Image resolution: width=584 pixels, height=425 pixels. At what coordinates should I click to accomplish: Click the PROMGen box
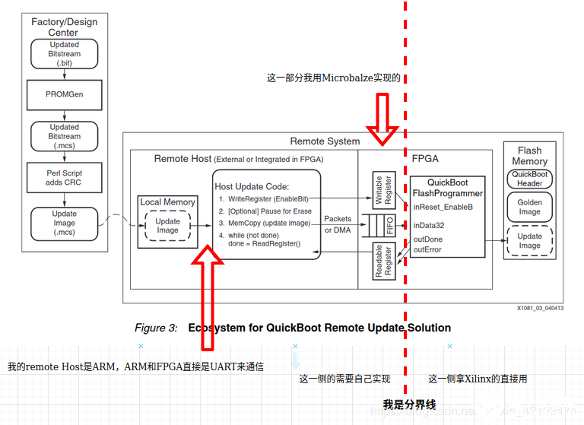(64, 94)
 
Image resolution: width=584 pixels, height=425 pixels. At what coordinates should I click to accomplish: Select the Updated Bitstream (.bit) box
(64, 54)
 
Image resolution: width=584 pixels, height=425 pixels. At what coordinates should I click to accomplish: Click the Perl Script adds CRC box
(64, 178)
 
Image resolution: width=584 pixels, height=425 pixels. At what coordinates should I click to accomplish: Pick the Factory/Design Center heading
(64, 27)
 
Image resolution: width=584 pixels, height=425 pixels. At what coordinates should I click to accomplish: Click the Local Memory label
(167, 202)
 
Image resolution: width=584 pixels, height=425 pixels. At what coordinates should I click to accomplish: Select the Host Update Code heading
(252, 186)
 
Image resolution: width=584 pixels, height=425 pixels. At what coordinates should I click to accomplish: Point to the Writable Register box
(383, 191)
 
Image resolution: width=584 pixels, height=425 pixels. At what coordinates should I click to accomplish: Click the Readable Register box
(383, 261)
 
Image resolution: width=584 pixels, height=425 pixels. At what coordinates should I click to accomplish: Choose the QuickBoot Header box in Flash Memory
(529, 179)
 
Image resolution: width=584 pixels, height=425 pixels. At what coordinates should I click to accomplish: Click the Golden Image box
(529, 207)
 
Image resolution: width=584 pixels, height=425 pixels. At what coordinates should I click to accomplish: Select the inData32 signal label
(430, 226)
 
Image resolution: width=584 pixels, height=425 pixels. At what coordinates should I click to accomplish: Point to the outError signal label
(427, 249)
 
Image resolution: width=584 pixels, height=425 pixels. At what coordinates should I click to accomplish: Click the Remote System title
(325, 141)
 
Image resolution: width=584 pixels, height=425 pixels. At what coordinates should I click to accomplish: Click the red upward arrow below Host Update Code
(207, 289)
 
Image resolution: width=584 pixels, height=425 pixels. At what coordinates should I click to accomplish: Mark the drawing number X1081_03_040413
(540, 308)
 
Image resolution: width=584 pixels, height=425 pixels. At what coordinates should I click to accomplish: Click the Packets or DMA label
(338, 224)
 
